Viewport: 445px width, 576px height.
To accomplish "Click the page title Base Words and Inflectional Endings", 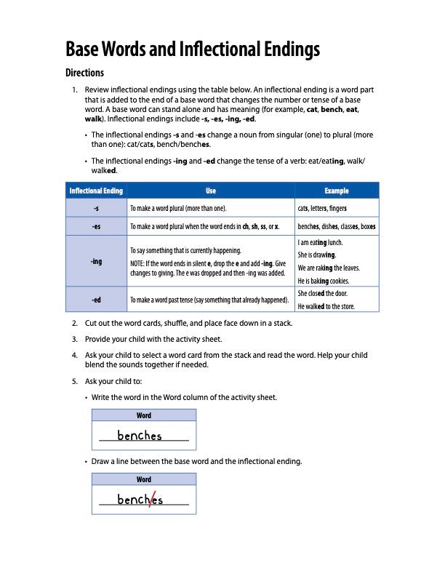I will pyautogui.click(x=193, y=49).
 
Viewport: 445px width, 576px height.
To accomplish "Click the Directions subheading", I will pyautogui.click(x=85, y=73).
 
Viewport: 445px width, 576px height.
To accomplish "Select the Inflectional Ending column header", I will pyautogui.click(x=96, y=191).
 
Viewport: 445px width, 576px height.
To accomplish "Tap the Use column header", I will pyautogui.click(x=211, y=191).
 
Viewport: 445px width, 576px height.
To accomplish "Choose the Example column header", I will pyautogui.click(x=337, y=191).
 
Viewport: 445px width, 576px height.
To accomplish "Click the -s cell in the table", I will pyautogui.click(x=96, y=208).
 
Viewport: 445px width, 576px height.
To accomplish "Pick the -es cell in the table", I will pyautogui.click(x=96, y=226).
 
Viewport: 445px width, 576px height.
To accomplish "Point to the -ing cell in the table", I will pyautogui.click(x=96, y=261).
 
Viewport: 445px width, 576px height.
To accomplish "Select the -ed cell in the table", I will pyautogui.click(x=96, y=299).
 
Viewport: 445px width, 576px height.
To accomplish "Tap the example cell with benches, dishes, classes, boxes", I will pyautogui.click(x=337, y=226).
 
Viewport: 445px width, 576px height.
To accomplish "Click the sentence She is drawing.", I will pyautogui.click(x=316, y=255).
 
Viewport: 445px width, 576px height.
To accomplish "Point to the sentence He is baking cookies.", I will pyautogui.click(x=324, y=280).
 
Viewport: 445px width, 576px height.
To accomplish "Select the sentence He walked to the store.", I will pyautogui.click(x=326, y=306).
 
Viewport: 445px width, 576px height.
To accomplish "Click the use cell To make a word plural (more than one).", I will pyautogui.click(x=178, y=208).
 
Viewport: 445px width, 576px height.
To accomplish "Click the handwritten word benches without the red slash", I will pyautogui.click(x=140, y=436).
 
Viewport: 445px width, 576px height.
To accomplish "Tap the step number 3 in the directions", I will pyautogui.click(x=75, y=339).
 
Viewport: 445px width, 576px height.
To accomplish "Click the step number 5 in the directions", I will pyautogui.click(x=75, y=381).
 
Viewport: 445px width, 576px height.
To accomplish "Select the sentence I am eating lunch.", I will pyautogui.click(x=321, y=242).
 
